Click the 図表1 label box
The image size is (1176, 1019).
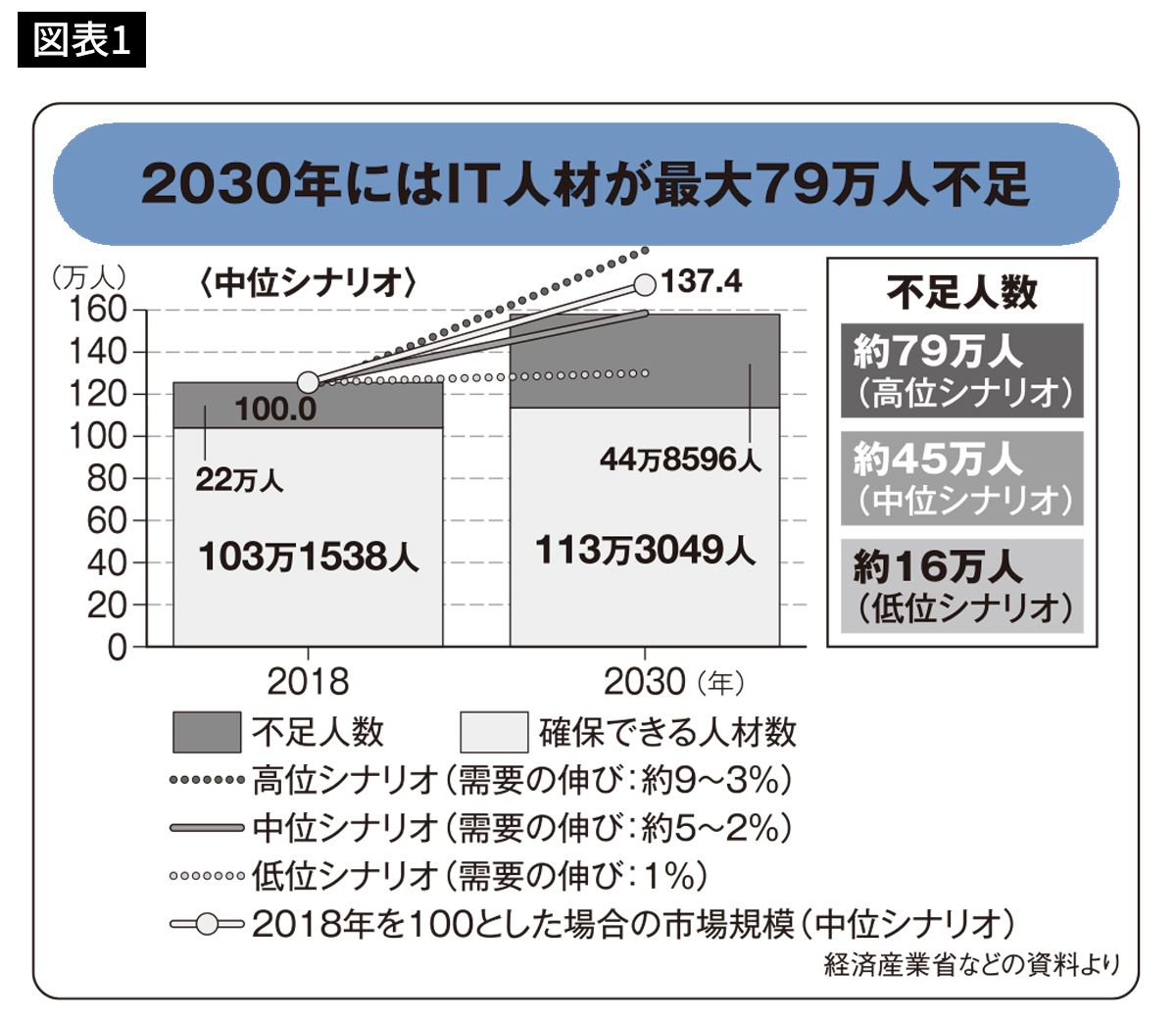[81, 40]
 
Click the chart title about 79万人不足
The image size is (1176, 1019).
[585, 184]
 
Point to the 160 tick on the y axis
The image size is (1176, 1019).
[98, 310]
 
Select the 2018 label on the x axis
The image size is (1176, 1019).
[308, 681]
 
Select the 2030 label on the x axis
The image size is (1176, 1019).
[644, 681]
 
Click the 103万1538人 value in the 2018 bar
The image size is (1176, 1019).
[308, 557]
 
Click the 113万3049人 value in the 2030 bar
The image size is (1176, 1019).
[645, 550]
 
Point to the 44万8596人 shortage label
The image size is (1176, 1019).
[680, 459]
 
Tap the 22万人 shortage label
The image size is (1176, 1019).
[239, 480]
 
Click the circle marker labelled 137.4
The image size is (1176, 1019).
[645, 284]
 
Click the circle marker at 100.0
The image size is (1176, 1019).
[308, 382]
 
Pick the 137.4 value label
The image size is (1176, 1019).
[702, 282]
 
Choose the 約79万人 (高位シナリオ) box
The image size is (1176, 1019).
[962, 371]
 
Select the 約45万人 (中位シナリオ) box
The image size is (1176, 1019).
[962, 479]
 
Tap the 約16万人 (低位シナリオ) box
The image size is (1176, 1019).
[962, 586]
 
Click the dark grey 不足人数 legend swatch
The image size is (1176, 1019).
[206, 732]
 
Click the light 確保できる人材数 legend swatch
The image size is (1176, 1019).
[494, 732]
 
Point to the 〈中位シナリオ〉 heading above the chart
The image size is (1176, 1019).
[308, 283]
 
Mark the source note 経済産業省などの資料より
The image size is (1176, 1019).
[970, 965]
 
